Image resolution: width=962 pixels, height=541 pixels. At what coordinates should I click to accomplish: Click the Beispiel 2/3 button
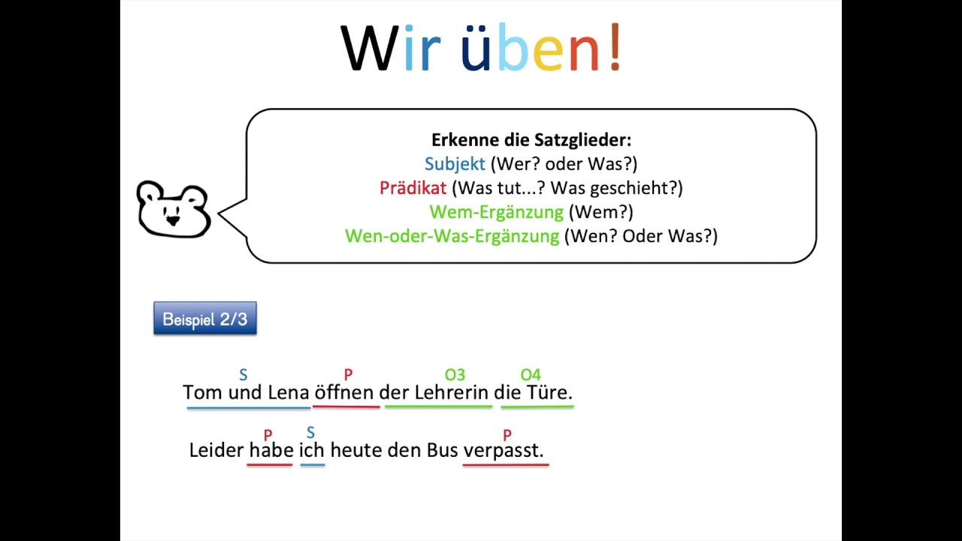[x=205, y=319]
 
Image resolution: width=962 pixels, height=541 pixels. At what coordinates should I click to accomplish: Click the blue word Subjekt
[x=455, y=164]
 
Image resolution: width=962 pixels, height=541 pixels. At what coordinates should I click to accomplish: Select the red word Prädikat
[x=413, y=188]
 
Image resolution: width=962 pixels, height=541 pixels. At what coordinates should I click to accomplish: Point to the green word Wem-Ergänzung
[x=496, y=212]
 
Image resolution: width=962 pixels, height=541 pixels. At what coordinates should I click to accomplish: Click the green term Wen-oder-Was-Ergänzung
[x=452, y=236]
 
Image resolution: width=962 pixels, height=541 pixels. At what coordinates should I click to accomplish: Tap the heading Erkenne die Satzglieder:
[x=531, y=140]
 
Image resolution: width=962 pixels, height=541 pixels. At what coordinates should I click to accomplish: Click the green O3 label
[x=455, y=374]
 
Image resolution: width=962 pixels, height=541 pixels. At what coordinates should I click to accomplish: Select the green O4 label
[x=531, y=374]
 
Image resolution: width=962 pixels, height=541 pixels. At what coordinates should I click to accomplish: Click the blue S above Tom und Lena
[x=243, y=374]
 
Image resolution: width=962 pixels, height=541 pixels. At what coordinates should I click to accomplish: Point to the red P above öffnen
[x=348, y=374]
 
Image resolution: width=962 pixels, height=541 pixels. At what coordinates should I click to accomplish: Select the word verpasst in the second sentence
[x=503, y=450]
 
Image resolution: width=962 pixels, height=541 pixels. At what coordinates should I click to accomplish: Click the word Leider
[x=216, y=450]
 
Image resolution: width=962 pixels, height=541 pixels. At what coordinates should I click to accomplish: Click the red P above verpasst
[x=507, y=434]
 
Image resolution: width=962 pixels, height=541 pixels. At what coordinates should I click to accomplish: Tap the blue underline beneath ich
[x=313, y=465]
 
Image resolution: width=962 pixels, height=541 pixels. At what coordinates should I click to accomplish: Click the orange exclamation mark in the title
[x=615, y=49]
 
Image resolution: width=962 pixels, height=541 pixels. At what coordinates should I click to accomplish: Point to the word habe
[x=271, y=450]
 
